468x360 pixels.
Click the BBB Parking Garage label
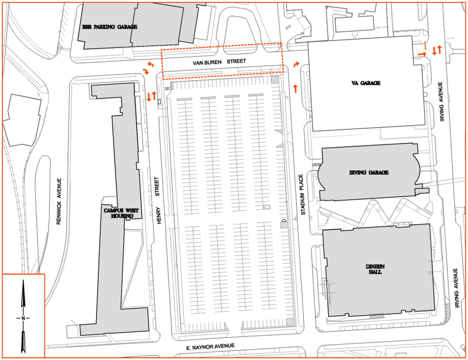pos(110,27)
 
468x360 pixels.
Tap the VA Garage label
pos(366,83)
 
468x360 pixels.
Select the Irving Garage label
pos(369,173)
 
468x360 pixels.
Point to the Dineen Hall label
pos(375,269)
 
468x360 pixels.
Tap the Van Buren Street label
pos(219,62)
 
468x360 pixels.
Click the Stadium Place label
pos(303,194)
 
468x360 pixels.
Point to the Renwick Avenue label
pos(59,201)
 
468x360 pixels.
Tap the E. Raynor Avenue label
pos(210,347)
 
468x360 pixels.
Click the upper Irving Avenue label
pos(442,102)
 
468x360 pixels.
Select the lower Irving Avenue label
pos(455,288)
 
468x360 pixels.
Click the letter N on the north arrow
pos(23,318)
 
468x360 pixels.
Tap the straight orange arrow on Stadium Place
pos(295,89)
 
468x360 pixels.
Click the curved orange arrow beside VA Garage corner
pos(296,64)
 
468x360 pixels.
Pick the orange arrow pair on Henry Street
pos(152,97)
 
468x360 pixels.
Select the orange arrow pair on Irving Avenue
pos(437,50)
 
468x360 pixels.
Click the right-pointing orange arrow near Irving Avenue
pos(422,54)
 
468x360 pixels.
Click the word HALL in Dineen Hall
pos(375,272)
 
